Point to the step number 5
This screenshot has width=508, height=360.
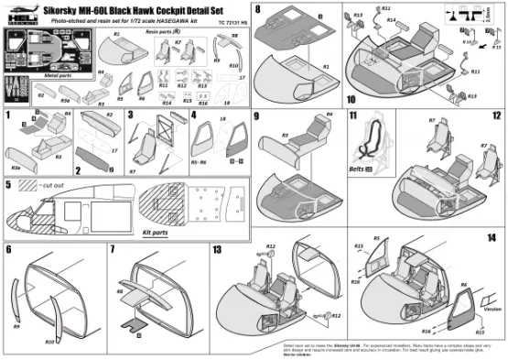[8, 185]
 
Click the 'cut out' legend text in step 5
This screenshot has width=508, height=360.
[51, 184]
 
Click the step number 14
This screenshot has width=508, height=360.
[492, 236]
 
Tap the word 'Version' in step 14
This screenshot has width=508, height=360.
[492, 309]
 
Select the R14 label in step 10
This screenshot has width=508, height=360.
[390, 18]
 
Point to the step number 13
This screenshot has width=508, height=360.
[217, 248]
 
